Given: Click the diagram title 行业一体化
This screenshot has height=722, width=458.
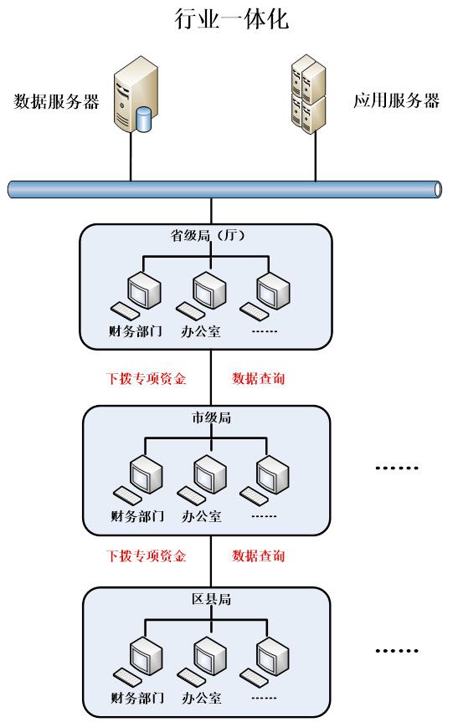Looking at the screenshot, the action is [x=231, y=19].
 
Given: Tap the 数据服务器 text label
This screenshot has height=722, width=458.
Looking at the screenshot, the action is [x=57, y=101].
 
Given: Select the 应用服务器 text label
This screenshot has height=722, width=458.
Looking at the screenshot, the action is [x=396, y=100].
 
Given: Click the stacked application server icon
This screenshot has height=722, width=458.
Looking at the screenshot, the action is [x=309, y=94].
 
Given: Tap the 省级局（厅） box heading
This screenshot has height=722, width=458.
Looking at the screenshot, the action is [x=208, y=236].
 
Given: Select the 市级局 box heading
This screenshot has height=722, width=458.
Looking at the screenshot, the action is [x=211, y=417].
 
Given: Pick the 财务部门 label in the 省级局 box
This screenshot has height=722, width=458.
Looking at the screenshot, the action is [x=136, y=330].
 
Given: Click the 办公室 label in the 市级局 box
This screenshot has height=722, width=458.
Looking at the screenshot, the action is [x=201, y=515].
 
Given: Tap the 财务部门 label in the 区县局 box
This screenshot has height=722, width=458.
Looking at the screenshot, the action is [x=137, y=697].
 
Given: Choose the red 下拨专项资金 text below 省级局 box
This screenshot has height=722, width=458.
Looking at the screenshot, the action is [x=146, y=378].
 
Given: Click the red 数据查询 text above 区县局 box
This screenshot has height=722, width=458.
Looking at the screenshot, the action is [x=259, y=556].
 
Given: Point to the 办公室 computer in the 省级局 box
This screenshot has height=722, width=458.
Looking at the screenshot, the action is [x=201, y=294].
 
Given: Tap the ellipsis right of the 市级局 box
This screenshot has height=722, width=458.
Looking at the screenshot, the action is [x=397, y=468].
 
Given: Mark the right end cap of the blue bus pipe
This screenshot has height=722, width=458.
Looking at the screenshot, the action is [x=438, y=189].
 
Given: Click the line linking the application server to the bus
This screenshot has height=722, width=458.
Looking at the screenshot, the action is [x=316, y=157].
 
